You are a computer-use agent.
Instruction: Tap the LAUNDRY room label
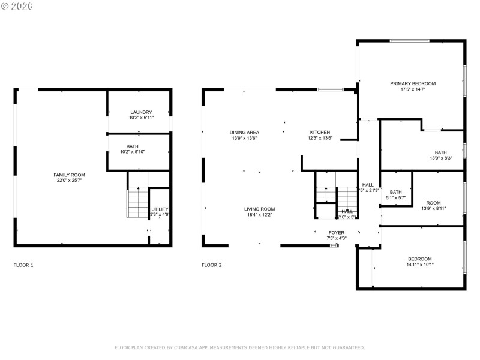coord(141,112)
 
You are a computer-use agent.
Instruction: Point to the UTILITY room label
coord(160,209)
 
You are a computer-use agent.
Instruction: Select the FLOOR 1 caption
coord(23,265)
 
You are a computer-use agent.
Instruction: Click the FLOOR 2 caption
coord(212,265)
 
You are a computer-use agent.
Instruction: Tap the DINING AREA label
coord(244,132)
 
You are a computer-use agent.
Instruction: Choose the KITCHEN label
coord(320,132)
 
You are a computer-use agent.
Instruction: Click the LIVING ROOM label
coord(259,209)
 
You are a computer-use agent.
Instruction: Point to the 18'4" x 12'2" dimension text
coord(259,214)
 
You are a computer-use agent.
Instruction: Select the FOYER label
coord(336,232)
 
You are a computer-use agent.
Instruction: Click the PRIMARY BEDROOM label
coord(413,83)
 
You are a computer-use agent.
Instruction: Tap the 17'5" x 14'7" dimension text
coord(413,89)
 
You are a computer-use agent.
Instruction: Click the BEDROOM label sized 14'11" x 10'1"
coord(419,259)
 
